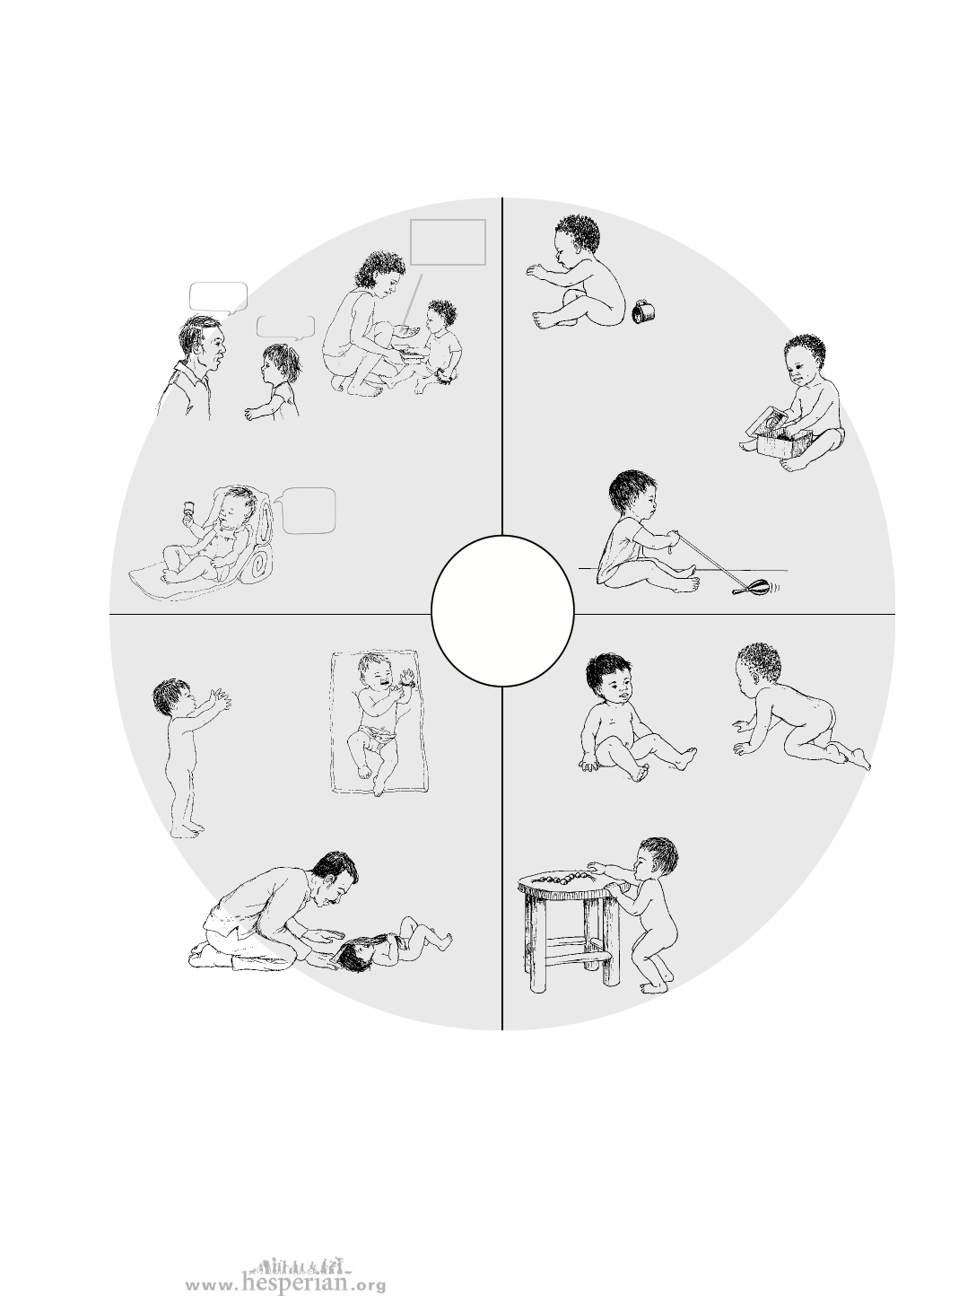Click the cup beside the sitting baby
[x=644, y=312]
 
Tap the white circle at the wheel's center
[x=502, y=610]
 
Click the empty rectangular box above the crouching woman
[x=448, y=242]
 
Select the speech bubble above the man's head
[x=218, y=298]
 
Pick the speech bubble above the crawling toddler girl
[x=285, y=328]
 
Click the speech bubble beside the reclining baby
[x=307, y=511]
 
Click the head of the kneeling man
[x=335, y=878]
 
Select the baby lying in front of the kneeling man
[x=390, y=945]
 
